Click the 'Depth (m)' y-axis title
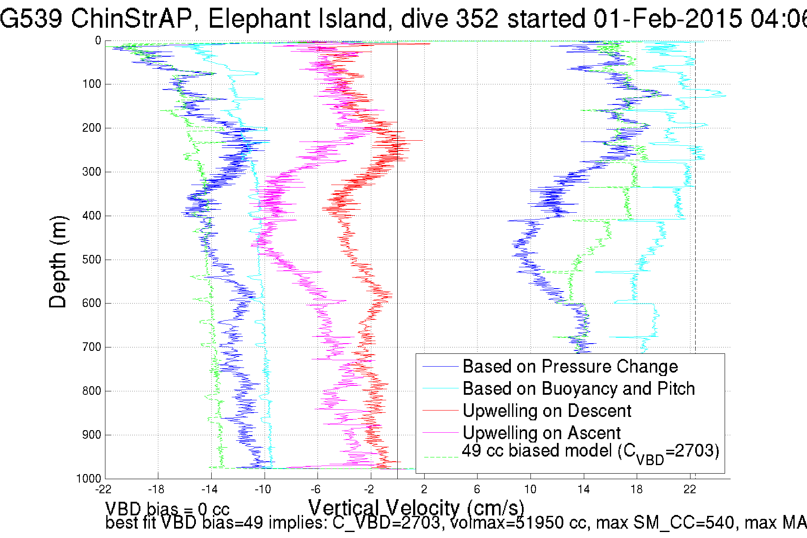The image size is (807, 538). [x=58, y=262]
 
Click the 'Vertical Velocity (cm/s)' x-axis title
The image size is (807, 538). [x=416, y=507]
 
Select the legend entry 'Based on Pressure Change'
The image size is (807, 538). [x=570, y=366]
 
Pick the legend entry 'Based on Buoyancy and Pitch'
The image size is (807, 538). [x=579, y=388]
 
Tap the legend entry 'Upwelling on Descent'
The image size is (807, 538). [x=547, y=411]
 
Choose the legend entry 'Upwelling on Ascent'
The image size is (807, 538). [x=541, y=433]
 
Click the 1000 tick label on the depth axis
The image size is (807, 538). [x=89, y=478]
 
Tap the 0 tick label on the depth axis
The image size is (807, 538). [x=98, y=40]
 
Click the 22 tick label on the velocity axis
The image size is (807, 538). [x=690, y=489]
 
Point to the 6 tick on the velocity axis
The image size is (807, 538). [x=477, y=489]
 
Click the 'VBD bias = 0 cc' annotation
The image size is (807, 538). [x=167, y=509]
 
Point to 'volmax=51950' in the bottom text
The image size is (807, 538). [x=518, y=523]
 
